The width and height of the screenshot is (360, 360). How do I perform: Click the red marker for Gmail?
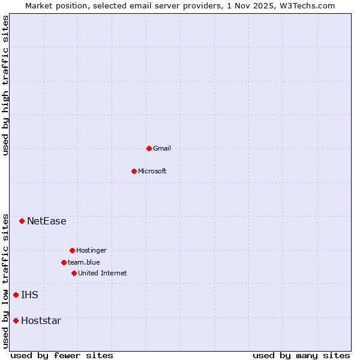click(x=149, y=148)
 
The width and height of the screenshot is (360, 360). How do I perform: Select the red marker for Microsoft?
click(x=134, y=171)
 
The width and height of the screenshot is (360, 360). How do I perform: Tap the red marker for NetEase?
click(x=22, y=221)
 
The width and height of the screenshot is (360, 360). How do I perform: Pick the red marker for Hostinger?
click(x=72, y=250)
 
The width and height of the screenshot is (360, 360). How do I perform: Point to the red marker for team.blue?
click(x=64, y=262)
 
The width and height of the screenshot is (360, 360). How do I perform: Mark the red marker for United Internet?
click(x=74, y=273)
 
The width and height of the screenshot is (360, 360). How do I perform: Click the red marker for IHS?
click(x=16, y=295)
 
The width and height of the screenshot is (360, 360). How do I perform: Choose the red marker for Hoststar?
click(x=16, y=320)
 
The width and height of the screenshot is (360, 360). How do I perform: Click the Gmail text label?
click(x=162, y=148)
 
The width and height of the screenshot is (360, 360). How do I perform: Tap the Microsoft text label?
click(x=152, y=171)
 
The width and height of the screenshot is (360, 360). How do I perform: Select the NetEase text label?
click(x=47, y=221)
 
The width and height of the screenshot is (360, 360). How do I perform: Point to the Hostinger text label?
click(x=91, y=250)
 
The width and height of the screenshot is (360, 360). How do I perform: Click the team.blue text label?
click(x=84, y=262)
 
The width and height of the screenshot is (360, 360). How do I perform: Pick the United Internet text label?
click(x=103, y=273)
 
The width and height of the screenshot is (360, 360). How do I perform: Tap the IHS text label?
click(x=29, y=295)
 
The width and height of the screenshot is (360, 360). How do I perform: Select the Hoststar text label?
click(x=41, y=320)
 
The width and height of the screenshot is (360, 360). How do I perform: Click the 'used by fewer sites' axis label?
click(x=62, y=355)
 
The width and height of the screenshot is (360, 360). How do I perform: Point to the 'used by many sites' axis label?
click(x=301, y=355)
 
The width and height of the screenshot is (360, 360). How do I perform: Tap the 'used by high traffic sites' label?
click(x=5, y=85)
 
